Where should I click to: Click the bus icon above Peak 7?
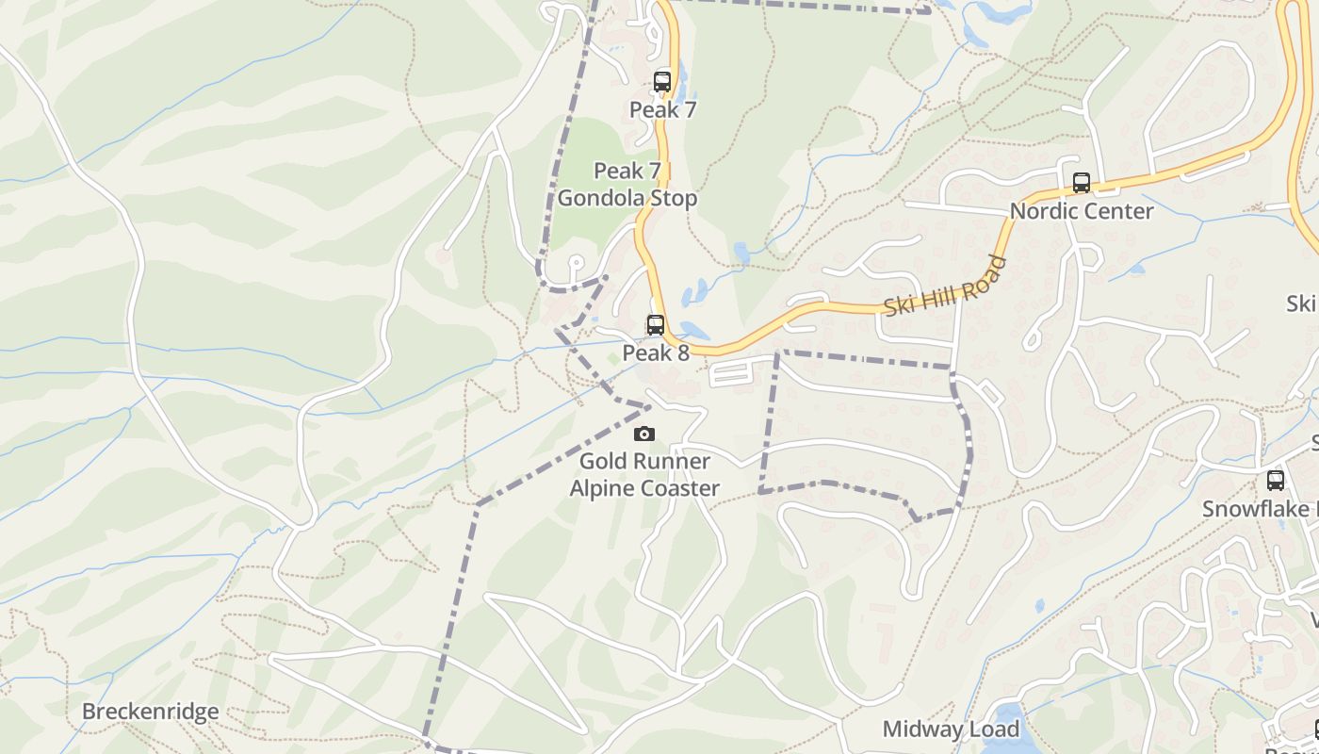click(x=662, y=82)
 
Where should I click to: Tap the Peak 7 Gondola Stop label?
click(x=627, y=185)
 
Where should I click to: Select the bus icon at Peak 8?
click(x=655, y=325)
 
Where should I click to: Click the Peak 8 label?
click(x=656, y=353)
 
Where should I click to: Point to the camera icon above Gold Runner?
click(x=644, y=434)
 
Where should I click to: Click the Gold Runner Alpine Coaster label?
click(x=644, y=475)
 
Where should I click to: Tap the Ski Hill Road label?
click(x=945, y=287)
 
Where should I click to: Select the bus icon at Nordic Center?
click(x=1082, y=183)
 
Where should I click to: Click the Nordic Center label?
click(x=1082, y=211)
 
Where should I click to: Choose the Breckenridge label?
click(x=150, y=712)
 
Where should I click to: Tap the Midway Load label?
click(x=951, y=729)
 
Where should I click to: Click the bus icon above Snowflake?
click(x=1276, y=481)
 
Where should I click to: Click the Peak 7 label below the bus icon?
click(x=662, y=110)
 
